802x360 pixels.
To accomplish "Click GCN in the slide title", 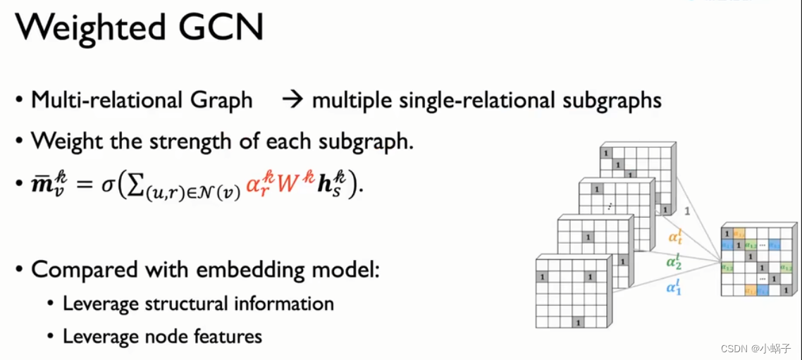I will (226, 29).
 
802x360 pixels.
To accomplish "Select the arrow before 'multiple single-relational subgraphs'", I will (291, 100).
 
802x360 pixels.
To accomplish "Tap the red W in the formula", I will (288, 185).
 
